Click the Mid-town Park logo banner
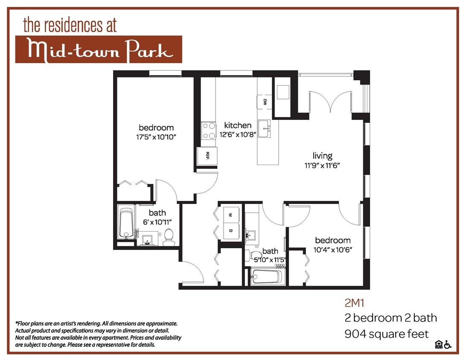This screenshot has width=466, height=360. (99, 49)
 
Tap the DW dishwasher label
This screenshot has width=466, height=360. (265, 102)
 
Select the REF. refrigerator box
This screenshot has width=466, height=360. (207, 156)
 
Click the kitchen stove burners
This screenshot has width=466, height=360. (209, 131)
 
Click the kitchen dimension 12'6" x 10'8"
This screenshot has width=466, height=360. (238, 135)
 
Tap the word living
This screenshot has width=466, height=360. (322, 156)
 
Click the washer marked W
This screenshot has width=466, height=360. (231, 214)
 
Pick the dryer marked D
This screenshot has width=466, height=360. (231, 231)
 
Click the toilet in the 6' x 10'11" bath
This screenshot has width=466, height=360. (169, 237)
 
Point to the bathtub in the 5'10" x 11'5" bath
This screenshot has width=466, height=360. (266, 276)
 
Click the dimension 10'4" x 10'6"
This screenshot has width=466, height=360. (333, 250)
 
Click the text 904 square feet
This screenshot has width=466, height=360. (386, 334)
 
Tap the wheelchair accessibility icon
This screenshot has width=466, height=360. (448, 344)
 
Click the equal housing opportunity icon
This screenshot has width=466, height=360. (438, 344)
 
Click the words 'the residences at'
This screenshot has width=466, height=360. (70, 26)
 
